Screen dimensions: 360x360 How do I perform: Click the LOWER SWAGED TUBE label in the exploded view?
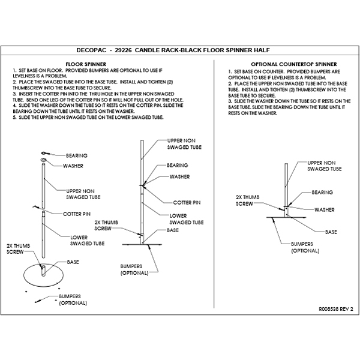coord(88,240)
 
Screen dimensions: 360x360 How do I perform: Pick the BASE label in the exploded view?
coord(73,262)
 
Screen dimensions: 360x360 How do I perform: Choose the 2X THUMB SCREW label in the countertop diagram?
coord(247,200)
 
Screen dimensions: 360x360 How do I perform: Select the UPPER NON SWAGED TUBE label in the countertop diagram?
coord(325,166)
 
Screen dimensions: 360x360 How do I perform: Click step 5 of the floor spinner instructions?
coord(87,118)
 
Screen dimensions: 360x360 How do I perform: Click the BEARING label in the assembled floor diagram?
coord(177,165)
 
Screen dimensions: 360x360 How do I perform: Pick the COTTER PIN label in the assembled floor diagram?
coord(186,202)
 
